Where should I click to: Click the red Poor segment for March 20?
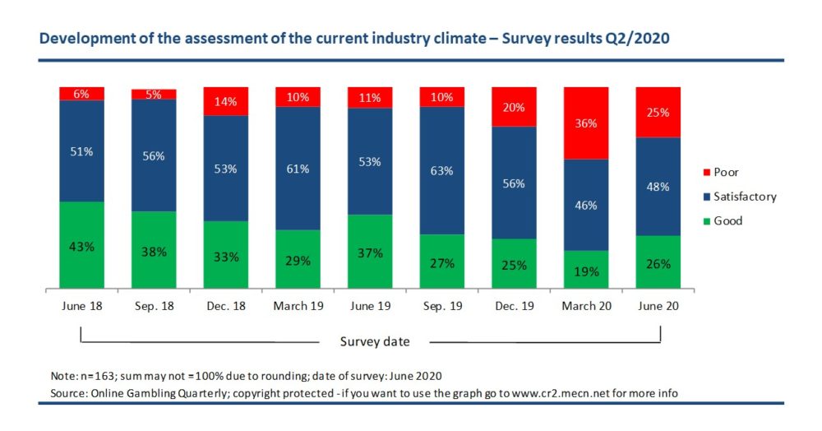click(585, 123)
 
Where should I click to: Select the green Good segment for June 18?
click(81, 245)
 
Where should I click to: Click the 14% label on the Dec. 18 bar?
click(225, 102)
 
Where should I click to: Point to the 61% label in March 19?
click(298, 169)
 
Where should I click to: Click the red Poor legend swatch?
click(704, 173)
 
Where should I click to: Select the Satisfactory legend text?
click(746, 197)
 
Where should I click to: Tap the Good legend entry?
click(728, 220)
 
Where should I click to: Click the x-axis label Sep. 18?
click(154, 305)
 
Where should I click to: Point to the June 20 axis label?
click(657, 305)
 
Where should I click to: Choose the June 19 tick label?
click(369, 305)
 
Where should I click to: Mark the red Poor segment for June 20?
click(657, 112)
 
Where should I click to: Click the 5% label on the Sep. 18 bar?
click(154, 94)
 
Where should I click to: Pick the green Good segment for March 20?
click(585, 269)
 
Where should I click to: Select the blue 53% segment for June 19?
click(369, 161)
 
